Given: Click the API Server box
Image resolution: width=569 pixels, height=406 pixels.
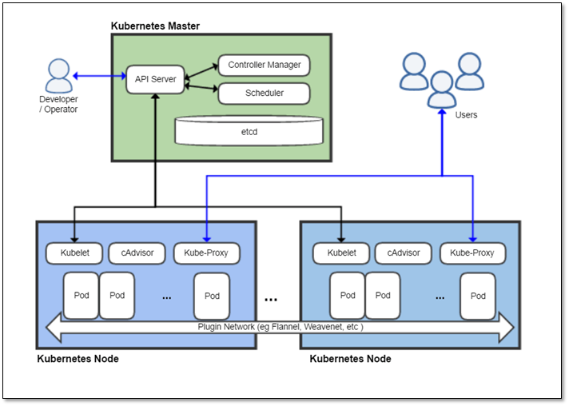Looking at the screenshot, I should tap(155, 79).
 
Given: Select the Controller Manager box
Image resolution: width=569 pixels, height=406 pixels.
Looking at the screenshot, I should tap(264, 65).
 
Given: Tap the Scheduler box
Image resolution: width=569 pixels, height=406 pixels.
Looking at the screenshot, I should tap(264, 93).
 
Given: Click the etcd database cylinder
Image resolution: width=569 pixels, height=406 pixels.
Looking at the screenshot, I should tap(249, 130).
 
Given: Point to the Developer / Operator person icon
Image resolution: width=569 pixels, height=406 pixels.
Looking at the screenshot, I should tap(59, 76).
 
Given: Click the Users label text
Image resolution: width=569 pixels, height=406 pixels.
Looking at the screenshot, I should tap(466, 115).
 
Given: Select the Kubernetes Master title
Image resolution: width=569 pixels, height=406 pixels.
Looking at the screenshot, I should tap(155, 26).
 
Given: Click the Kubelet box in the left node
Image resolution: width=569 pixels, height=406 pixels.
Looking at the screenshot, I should tap(74, 253).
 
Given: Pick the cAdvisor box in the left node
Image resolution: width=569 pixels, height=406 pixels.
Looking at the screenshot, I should tap(137, 253).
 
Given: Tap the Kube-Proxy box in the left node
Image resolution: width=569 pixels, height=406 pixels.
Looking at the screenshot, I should tap(207, 253).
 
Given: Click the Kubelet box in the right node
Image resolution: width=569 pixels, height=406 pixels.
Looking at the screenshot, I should tap(340, 253).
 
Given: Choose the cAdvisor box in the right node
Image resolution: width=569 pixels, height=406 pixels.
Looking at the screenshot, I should tap(404, 253).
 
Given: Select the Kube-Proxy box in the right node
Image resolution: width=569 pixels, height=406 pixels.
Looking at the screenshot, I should tap(472, 253).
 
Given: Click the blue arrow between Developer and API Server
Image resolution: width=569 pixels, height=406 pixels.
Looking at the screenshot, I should tap(100, 77).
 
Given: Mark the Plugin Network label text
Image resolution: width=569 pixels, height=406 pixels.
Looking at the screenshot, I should tap(279, 326).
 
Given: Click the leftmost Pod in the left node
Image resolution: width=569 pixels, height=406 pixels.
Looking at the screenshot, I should tap(82, 295).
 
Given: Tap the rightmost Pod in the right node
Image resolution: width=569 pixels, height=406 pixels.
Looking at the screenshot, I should tap(478, 296).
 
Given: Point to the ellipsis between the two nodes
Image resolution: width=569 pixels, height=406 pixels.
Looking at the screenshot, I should tap(271, 299).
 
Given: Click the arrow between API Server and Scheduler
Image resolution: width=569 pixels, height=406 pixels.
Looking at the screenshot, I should tap(201, 87).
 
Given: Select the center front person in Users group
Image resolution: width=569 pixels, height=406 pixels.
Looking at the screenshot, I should tap(441, 89).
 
